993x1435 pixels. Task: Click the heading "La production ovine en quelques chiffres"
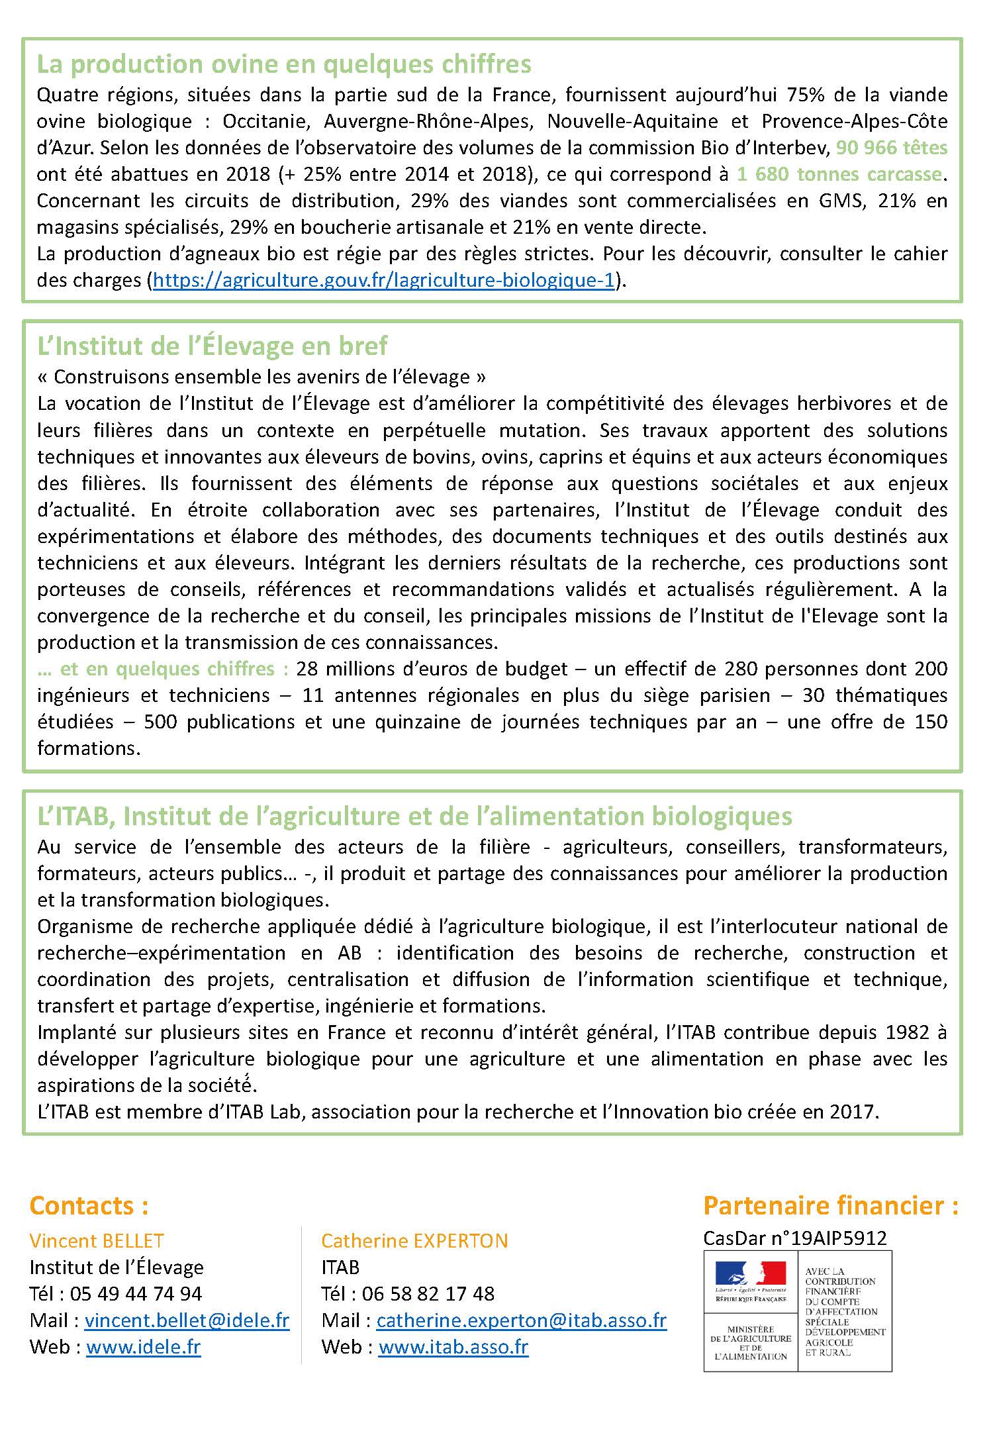pyautogui.click(x=284, y=65)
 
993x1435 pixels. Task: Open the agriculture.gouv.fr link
pyautogui.click(x=384, y=280)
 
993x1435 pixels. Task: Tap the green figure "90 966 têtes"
pyautogui.click(x=891, y=148)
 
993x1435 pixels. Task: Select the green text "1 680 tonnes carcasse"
pyautogui.click(x=839, y=174)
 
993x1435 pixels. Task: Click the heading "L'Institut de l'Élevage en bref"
pyautogui.click(x=213, y=346)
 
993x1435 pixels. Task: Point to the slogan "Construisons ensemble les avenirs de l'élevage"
pyautogui.click(x=261, y=377)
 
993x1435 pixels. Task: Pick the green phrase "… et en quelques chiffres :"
pyautogui.click(x=163, y=668)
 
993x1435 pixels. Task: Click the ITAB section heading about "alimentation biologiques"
pyautogui.click(x=415, y=816)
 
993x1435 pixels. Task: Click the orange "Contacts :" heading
pyautogui.click(x=89, y=1205)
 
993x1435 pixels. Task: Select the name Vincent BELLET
pyautogui.click(x=97, y=1240)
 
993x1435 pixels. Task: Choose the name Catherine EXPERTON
pyautogui.click(x=414, y=1240)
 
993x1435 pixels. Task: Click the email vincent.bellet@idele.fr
pyautogui.click(x=187, y=1320)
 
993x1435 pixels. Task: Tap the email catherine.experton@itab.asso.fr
pyautogui.click(x=521, y=1320)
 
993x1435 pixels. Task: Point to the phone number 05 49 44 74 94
pyautogui.click(x=136, y=1293)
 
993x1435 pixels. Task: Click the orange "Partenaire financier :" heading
pyautogui.click(x=831, y=1205)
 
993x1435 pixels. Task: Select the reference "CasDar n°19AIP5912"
pyautogui.click(x=794, y=1238)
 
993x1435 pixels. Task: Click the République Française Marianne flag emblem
pyautogui.click(x=751, y=1274)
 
